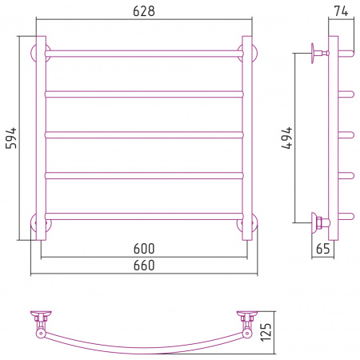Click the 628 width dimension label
tap(144, 11)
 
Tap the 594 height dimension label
tap(11, 138)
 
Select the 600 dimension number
tap(144, 249)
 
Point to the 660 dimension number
tap(144, 266)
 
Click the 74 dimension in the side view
tap(341, 11)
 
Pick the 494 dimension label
tap(287, 138)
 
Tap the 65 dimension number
tap(323, 249)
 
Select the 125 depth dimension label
tap(266, 332)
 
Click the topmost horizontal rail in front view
tap(144, 54)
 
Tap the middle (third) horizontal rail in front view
tap(144, 135)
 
